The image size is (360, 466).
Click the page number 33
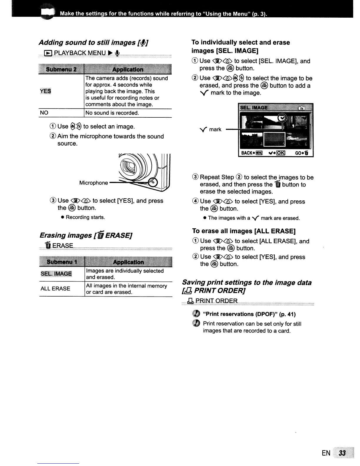(x=342, y=453)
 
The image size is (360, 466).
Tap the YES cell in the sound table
(x=45, y=91)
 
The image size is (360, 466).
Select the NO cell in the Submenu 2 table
(x=44, y=113)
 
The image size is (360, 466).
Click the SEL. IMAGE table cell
(x=56, y=274)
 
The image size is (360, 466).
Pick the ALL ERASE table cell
(x=55, y=289)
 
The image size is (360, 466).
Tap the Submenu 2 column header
(x=61, y=69)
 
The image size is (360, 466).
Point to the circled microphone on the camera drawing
(x=153, y=183)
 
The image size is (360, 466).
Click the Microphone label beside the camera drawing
(x=94, y=183)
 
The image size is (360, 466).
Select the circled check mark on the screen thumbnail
(x=282, y=118)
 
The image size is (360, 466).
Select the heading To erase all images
(x=244, y=231)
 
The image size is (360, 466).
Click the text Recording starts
(x=85, y=217)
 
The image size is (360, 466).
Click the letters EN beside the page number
(x=326, y=453)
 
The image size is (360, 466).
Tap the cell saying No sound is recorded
(x=112, y=113)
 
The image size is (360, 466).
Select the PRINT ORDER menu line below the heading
(x=216, y=301)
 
